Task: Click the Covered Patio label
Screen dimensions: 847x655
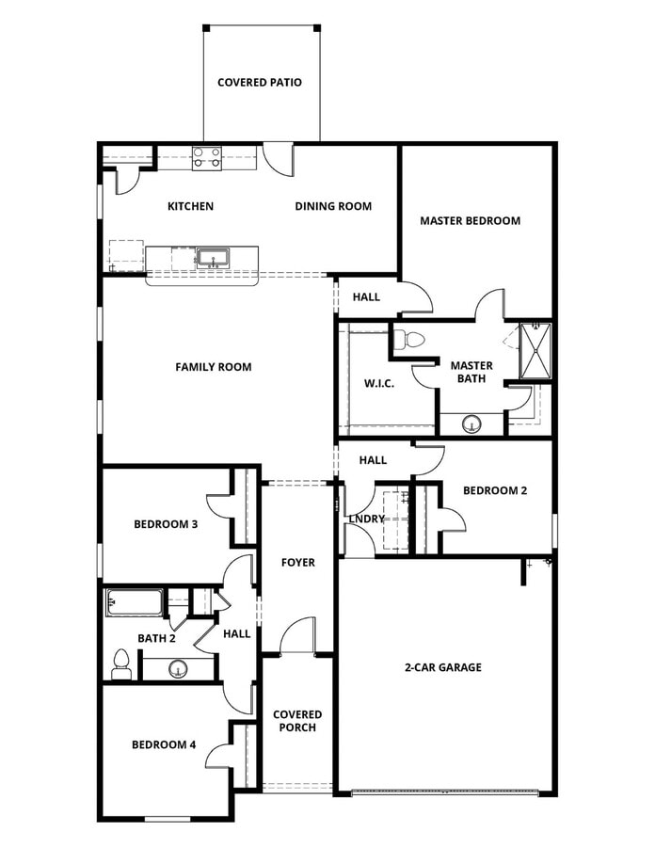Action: [260, 82]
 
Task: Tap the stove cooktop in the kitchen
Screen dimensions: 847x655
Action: [207, 158]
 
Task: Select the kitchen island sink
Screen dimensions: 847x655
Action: [213, 257]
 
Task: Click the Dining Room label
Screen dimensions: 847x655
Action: [333, 206]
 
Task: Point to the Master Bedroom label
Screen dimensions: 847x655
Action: [470, 220]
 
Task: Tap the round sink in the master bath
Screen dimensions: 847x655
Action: [471, 425]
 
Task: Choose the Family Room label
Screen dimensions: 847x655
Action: [214, 366]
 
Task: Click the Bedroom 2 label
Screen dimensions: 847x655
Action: [495, 490]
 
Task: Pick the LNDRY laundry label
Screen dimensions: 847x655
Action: [366, 519]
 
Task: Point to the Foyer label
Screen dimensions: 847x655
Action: [298, 562]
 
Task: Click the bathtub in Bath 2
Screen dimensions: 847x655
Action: [135, 601]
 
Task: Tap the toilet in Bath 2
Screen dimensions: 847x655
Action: [120, 663]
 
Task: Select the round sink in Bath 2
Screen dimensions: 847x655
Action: [178, 669]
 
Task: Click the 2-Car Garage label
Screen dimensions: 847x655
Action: [443, 667]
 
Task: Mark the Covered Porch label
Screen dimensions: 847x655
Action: [297, 721]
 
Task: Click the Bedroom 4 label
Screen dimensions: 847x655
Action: [164, 744]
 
